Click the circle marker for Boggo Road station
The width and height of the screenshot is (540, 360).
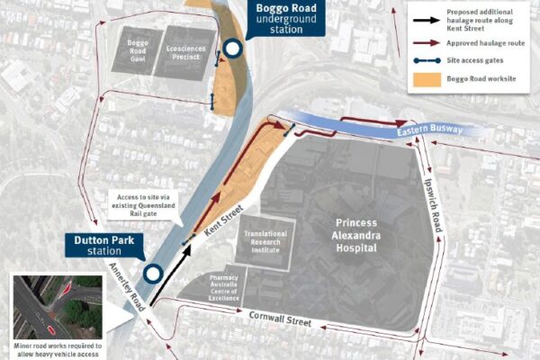click(x=232, y=50)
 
